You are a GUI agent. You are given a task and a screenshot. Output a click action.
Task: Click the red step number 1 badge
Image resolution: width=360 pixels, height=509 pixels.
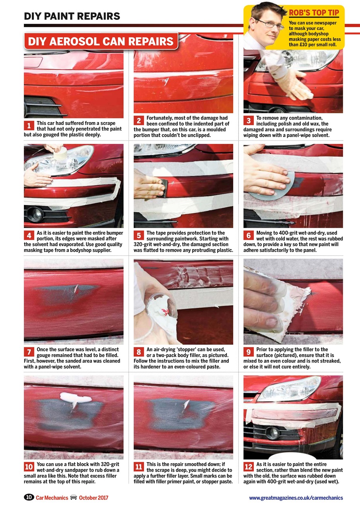[29, 126]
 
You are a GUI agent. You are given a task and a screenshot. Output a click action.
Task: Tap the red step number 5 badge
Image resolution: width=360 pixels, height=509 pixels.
[138, 236]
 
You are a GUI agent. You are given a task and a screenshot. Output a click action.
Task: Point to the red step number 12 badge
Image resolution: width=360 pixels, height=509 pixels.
[249, 467]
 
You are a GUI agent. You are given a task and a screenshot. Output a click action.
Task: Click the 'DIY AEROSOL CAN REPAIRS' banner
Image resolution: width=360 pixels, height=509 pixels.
[101, 41]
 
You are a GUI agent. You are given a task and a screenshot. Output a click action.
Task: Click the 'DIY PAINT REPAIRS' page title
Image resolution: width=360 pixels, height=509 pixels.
[72, 16]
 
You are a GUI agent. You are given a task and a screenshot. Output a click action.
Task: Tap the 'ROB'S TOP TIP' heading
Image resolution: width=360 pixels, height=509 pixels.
[314, 13]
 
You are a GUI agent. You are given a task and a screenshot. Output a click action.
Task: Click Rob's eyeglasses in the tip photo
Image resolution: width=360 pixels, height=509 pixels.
[270, 24]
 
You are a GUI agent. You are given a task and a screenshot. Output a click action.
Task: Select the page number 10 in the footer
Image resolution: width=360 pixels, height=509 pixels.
[29, 497]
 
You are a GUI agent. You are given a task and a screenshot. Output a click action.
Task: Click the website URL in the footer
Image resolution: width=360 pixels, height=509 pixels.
[296, 498]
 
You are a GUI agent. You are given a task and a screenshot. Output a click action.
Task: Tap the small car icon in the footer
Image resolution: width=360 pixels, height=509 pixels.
[73, 497]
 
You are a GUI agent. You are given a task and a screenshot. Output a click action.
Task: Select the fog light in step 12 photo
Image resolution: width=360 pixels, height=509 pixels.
[272, 433]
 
